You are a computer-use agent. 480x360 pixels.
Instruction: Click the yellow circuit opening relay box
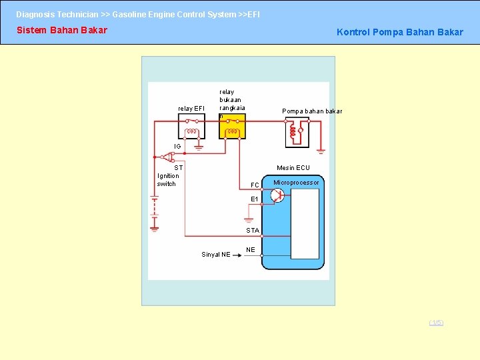(233, 127)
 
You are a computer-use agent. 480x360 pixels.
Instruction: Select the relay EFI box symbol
(191, 127)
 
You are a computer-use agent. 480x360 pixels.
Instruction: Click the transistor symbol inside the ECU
(277, 195)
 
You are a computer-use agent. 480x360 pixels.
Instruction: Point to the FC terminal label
(255, 185)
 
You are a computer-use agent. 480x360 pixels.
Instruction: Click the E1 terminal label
(255, 199)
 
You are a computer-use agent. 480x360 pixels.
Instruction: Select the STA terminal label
(253, 230)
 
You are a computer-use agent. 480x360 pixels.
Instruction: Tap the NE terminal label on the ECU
(251, 250)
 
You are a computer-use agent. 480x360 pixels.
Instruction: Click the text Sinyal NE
(216, 254)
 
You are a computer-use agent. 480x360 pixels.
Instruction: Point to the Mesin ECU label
(293, 168)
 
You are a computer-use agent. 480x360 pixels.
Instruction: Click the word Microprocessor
(296, 182)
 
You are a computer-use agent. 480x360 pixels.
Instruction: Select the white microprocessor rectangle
(305, 223)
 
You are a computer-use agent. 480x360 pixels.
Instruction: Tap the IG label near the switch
(177, 146)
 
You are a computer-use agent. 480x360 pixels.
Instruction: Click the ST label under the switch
(179, 167)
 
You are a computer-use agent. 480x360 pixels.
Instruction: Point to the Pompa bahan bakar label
(312, 111)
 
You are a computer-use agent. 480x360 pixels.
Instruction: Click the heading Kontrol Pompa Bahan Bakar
(399, 32)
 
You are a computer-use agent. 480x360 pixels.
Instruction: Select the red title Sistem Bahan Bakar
(62, 30)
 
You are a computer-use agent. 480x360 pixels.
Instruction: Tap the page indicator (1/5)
(436, 323)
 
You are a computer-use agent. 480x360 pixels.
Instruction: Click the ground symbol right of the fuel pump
(321, 150)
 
